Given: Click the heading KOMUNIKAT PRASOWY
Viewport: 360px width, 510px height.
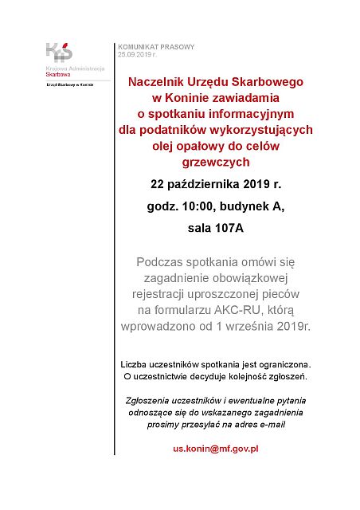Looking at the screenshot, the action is pos(156,47).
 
